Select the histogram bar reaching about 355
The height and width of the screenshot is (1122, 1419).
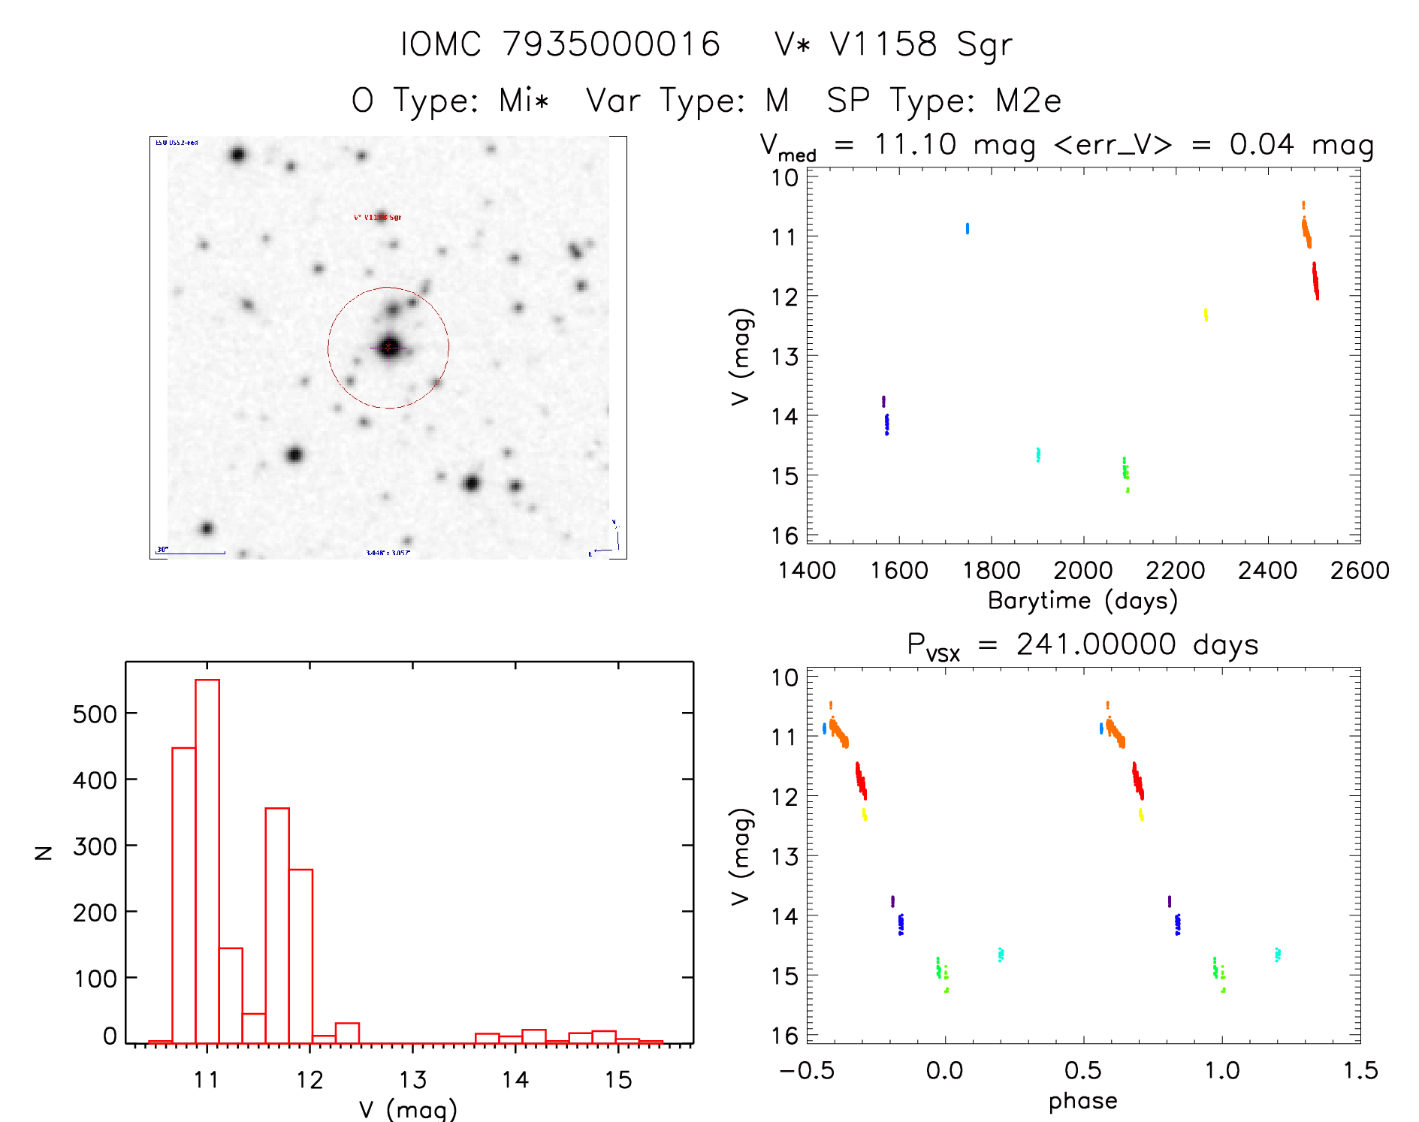[x=277, y=925]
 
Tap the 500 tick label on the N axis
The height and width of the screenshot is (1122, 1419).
[x=95, y=714]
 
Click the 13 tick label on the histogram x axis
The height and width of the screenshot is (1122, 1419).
[x=412, y=1080]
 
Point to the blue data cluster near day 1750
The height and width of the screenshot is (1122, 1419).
[x=967, y=228]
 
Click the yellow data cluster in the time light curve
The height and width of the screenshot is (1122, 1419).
[x=1206, y=315]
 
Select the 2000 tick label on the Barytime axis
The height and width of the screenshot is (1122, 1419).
[x=1082, y=571]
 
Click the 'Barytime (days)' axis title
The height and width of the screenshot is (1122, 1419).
[x=1082, y=601]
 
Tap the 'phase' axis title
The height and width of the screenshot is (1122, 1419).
[x=1082, y=1101]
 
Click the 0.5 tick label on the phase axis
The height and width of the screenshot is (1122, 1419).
[x=1082, y=1071]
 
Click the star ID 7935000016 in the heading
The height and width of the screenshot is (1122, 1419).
[x=611, y=44]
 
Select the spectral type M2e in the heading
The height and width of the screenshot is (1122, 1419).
[x=1028, y=101]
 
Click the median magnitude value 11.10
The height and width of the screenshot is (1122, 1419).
[x=915, y=144]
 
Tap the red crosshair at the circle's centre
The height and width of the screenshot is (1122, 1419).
[x=388, y=347]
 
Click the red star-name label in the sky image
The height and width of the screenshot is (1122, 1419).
[x=378, y=217]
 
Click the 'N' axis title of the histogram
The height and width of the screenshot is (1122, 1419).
[x=44, y=852]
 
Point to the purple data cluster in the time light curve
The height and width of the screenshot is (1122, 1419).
[x=883, y=401]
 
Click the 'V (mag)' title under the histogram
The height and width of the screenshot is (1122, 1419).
[x=408, y=1109]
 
